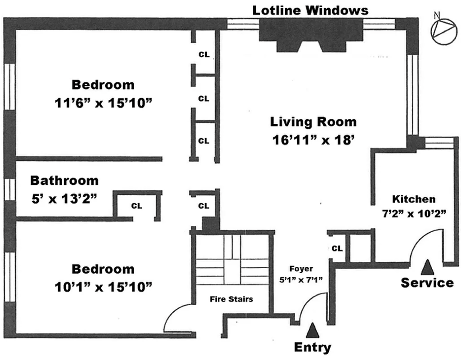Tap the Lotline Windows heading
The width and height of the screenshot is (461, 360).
(x=311, y=11)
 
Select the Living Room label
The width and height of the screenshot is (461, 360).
(x=313, y=122)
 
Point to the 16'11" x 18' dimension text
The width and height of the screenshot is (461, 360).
(x=313, y=140)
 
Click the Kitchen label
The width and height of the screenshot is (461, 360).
(x=414, y=199)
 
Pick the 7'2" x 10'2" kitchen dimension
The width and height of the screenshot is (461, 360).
(x=414, y=214)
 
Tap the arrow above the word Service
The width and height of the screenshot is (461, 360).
(x=428, y=267)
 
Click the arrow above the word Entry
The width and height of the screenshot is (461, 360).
(x=312, y=330)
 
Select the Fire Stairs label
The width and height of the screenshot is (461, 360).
(x=231, y=299)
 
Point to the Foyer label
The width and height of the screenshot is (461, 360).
(x=301, y=269)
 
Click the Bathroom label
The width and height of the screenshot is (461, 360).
(x=64, y=181)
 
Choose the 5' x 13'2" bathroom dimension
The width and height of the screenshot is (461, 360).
(x=64, y=199)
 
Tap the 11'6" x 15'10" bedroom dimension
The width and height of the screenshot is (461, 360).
(x=103, y=103)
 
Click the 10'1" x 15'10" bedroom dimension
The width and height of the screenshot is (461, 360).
(x=103, y=287)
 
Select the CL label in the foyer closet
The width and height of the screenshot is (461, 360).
(x=337, y=248)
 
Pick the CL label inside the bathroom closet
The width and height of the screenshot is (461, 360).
(x=137, y=206)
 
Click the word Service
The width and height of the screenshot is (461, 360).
(x=427, y=283)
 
